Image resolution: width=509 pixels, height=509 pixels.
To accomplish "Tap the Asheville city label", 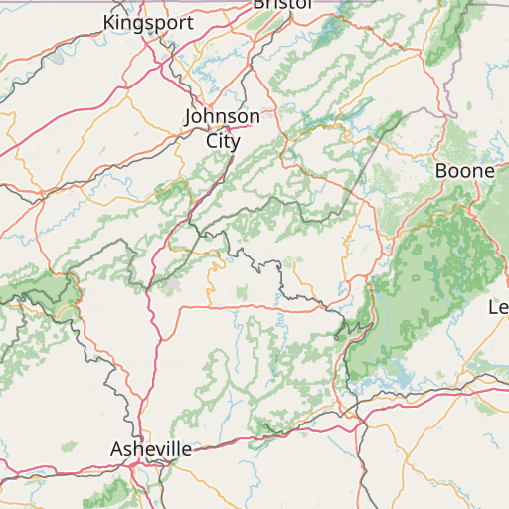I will (151, 449).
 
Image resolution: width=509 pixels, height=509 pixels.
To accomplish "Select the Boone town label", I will (464, 171).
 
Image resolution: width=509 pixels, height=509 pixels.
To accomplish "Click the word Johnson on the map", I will (223, 117).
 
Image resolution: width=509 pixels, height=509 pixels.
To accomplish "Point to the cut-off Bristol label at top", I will (282, 4).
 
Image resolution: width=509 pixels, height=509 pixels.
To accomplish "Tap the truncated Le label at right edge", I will (498, 308).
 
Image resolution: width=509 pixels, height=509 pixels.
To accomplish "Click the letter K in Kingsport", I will (108, 21).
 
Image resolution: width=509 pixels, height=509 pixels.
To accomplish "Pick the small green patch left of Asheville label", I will (68, 446).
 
